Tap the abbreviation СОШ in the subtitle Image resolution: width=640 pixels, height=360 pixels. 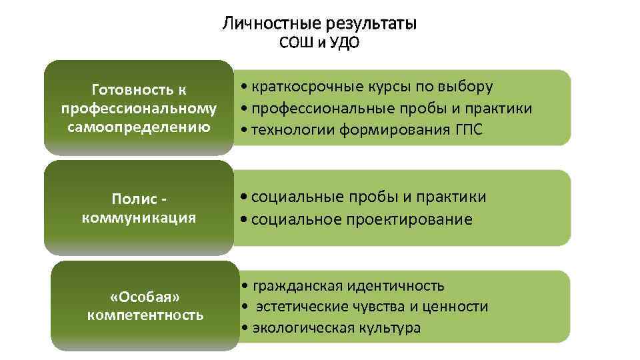click(295, 44)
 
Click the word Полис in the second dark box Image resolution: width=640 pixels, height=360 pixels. click(134, 199)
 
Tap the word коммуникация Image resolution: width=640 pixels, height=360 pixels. click(139, 217)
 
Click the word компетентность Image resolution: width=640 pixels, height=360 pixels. click(145, 315)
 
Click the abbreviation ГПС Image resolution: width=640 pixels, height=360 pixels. click(467, 130)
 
